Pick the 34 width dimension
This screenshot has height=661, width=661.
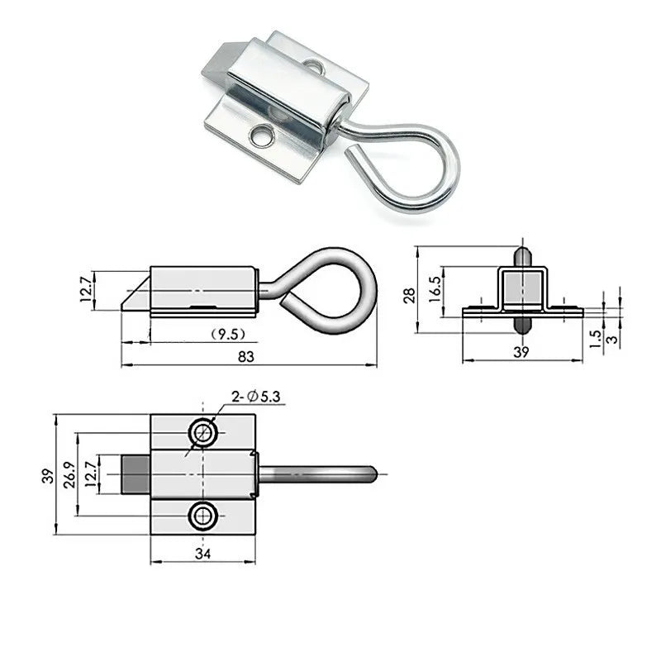202,554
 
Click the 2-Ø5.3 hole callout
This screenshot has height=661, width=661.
257,397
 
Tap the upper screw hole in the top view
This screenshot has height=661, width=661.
202,431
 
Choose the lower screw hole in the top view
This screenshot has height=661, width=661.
202,516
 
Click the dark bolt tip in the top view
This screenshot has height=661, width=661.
136,474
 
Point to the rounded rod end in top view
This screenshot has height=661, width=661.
371,474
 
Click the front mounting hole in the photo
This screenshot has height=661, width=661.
263,135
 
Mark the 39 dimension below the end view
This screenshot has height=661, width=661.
522,351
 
